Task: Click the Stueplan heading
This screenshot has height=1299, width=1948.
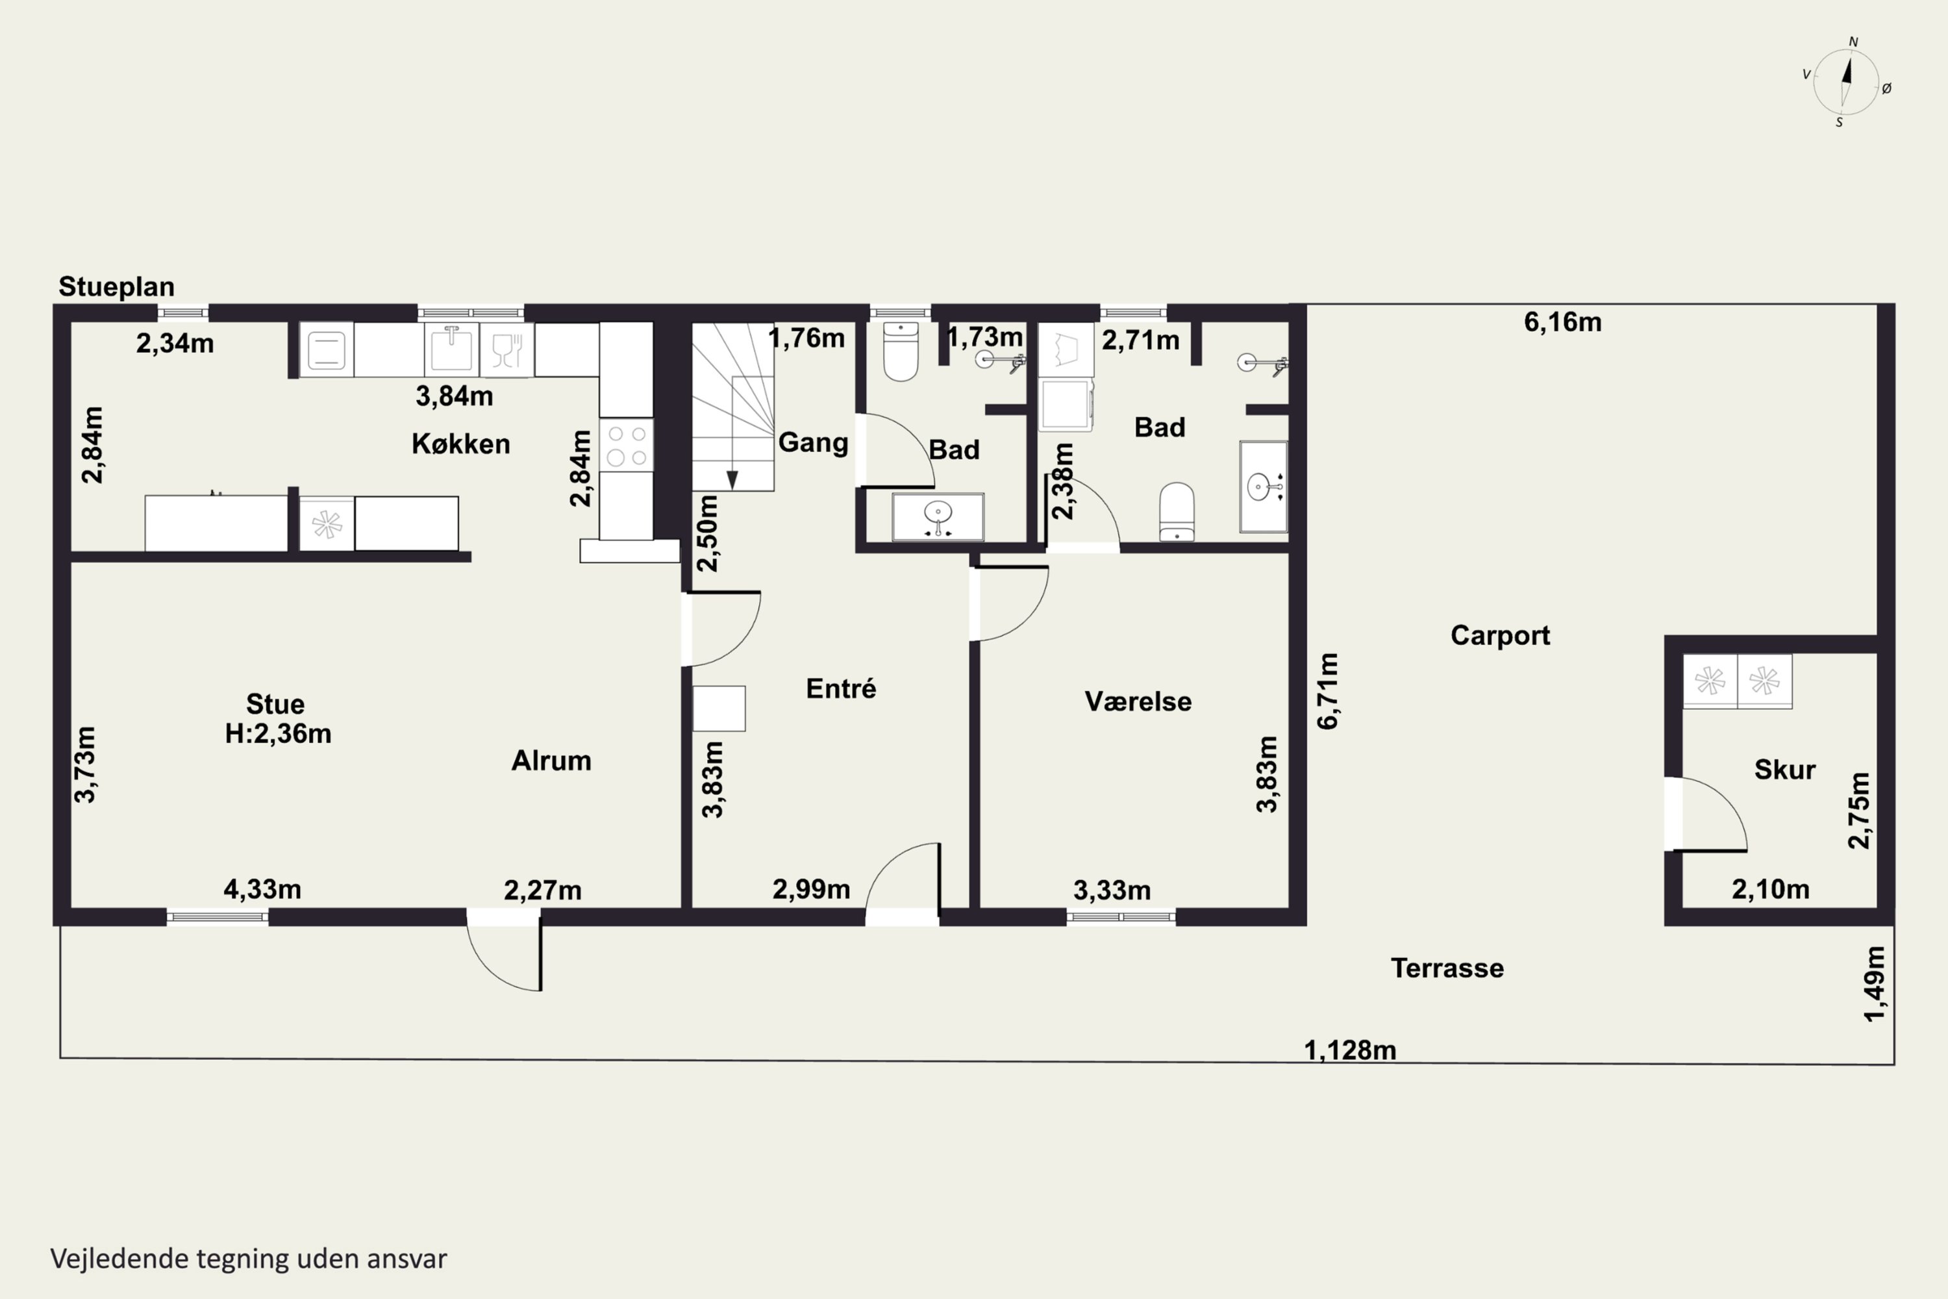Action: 117,286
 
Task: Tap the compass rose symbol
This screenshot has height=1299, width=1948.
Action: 1846,82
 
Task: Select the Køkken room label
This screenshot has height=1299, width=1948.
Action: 460,444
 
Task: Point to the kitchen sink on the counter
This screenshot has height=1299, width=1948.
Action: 451,349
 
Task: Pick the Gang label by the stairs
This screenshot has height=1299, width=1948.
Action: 814,442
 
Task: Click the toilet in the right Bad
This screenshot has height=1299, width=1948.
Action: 1177,512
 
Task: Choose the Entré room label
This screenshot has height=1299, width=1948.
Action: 841,688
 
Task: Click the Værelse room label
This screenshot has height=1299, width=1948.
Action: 1138,701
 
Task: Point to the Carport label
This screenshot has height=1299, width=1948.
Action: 1500,635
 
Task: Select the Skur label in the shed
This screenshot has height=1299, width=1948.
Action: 1785,770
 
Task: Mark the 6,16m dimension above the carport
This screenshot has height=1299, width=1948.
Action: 1563,322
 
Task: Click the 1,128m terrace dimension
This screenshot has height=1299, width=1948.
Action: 1350,1050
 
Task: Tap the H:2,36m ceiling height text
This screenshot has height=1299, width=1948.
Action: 279,733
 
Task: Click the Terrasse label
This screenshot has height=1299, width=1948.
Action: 1447,968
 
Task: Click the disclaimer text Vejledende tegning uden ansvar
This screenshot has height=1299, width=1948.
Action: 249,1259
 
